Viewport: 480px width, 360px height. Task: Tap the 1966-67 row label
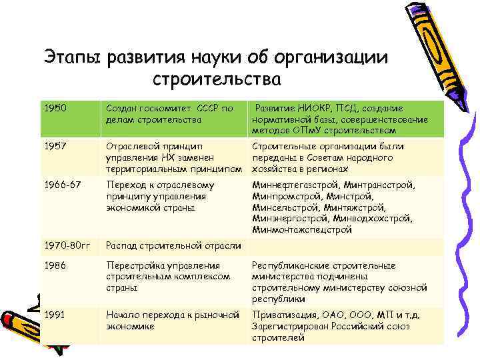coord(62,185)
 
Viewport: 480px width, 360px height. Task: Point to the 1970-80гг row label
coord(67,245)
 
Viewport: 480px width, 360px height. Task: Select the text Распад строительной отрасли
coord(173,245)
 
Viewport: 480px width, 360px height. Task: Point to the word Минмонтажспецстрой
coord(302,229)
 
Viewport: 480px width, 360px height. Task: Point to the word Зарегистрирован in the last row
coord(292,327)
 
